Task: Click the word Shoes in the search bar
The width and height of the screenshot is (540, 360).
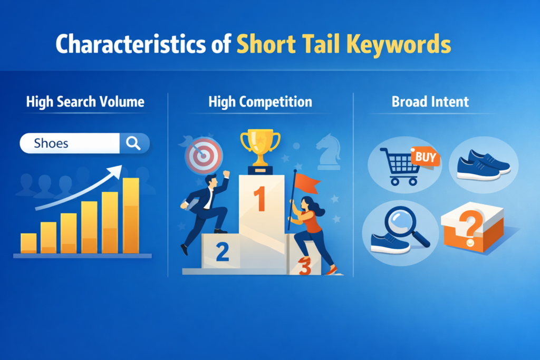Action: pos(51,142)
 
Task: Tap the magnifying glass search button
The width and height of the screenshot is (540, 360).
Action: pos(134,142)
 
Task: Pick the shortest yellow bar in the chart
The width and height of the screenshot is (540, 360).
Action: pos(28,243)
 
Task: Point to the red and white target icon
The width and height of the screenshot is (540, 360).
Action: pos(204,155)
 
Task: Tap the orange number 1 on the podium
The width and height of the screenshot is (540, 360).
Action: pos(259,199)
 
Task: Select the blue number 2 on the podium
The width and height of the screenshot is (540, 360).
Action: pos(222,252)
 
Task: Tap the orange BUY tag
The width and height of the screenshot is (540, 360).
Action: pos(425,157)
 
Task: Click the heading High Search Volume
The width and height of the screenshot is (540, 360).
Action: pos(85,101)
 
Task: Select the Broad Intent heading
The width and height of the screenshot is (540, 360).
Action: pos(430,101)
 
